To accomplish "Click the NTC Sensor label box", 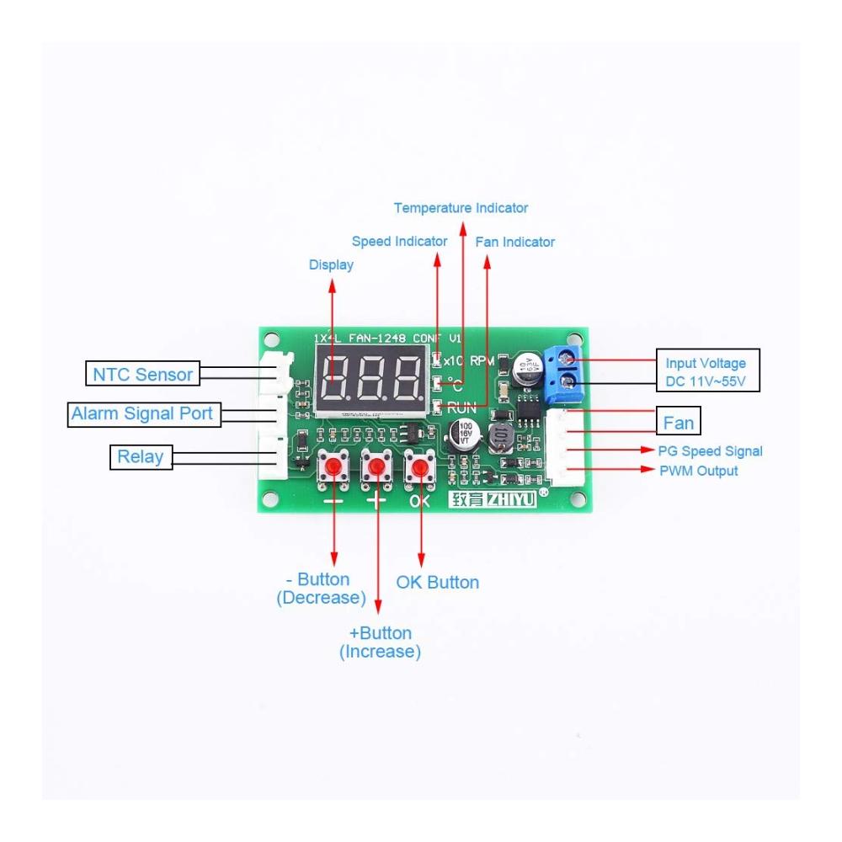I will [142, 374].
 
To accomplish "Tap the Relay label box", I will [140, 457].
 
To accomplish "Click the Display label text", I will [331, 265].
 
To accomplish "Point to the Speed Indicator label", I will [399, 242].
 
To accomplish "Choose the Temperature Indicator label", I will [461, 208].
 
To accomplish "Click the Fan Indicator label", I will [515, 242].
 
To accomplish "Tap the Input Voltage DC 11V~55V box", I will [706, 372].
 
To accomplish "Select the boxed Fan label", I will [679, 422].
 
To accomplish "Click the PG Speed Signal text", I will [711, 451].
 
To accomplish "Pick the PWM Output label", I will [699, 471].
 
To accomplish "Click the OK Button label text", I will [438, 583].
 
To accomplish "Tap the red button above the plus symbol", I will [376, 466].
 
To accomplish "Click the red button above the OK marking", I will [420, 466].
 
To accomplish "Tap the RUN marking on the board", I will [461, 407].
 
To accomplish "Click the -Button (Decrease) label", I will [321, 589].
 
